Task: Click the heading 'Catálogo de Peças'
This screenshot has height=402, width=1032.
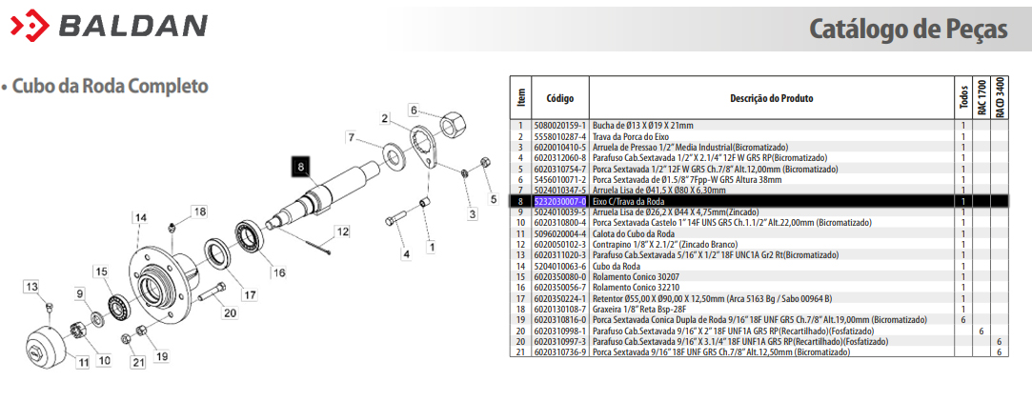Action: tap(908, 29)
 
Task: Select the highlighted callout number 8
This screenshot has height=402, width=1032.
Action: tap(301, 168)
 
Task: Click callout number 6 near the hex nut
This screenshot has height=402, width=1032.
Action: tap(414, 110)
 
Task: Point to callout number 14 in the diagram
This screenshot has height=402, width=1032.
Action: tap(140, 217)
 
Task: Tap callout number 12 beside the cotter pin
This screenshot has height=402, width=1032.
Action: tap(342, 231)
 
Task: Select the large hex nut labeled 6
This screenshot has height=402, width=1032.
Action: tap(452, 122)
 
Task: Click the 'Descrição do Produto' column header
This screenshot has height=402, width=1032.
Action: tap(771, 99)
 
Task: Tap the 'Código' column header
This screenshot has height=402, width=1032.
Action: tap(560, 99)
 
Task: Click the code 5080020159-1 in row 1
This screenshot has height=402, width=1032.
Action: tap(559, 125)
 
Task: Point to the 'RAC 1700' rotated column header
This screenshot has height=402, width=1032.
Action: tap(981, 98)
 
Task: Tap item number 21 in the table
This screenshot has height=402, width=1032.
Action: tap(520, 352)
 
